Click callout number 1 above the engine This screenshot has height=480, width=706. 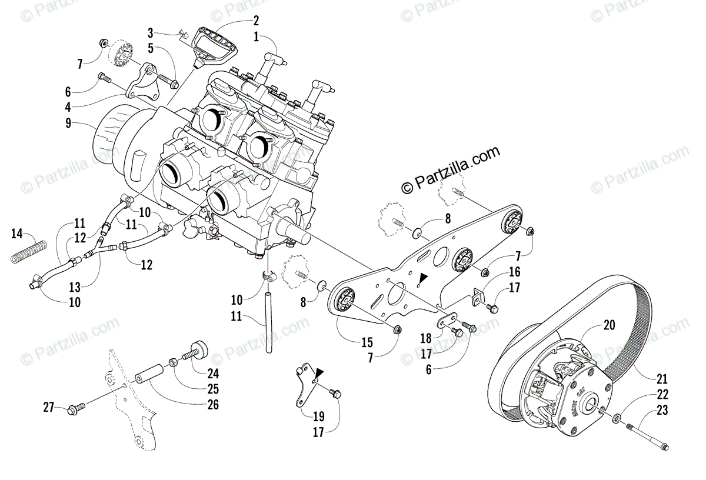[x=256, y=36]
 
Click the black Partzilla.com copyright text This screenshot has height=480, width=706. [x=450, y=169]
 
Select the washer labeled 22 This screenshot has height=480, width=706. [x=617, y=418]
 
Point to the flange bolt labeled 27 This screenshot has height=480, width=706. [x=77, y=406]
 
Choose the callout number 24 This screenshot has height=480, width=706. [x=212, y=372]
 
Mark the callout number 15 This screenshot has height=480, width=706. [x=368, y=343]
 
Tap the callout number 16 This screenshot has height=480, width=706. [x=515, y=272]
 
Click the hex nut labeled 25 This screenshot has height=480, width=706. [x=174, y=362]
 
